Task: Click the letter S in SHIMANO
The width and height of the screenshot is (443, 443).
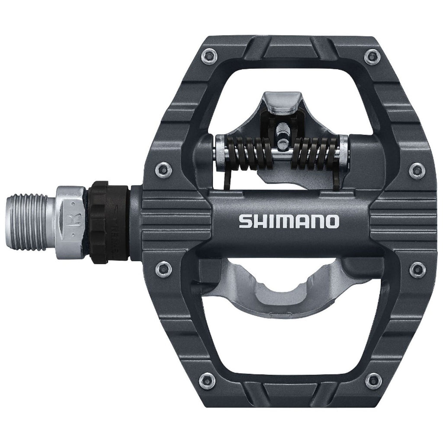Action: (x=244, y=222)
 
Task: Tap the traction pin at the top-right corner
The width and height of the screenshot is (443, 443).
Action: (x=370, y=55)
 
